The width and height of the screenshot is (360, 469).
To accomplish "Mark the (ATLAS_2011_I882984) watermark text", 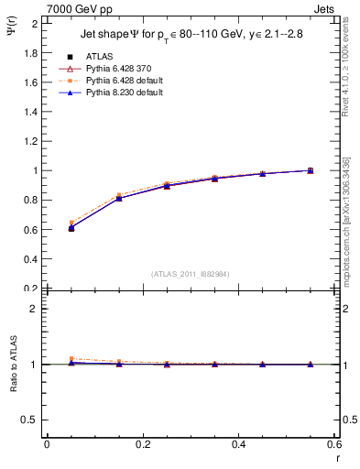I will (191, 273).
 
